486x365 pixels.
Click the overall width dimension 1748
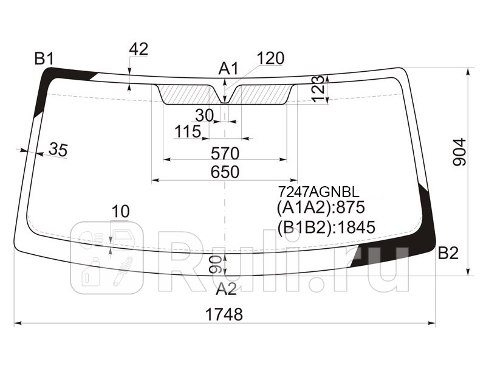point(224,315)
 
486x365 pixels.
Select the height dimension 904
point(459,152)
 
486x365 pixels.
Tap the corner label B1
point(44,58)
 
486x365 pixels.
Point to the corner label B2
point(448,253)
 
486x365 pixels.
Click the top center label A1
point(228,69)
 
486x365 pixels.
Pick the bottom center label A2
point(226,289)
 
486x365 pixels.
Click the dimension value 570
point(225,153)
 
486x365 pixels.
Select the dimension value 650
point(225,172)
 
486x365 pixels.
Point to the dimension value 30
point(205,116)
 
